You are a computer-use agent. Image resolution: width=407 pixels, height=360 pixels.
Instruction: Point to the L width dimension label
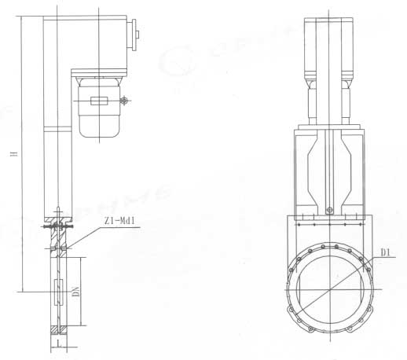(x=59, y=344)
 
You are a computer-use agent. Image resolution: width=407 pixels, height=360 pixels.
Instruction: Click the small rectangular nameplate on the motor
(x=99, y=100)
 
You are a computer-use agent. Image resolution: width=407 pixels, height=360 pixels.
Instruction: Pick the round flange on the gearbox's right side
(x=136, y=35)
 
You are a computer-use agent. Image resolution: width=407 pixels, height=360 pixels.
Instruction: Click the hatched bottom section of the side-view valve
(x=59, y=330)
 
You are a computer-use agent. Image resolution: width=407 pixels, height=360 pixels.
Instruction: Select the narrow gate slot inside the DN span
(x=59, y=292)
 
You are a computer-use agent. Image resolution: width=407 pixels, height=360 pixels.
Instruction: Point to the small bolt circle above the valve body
(x=330, y=209)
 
